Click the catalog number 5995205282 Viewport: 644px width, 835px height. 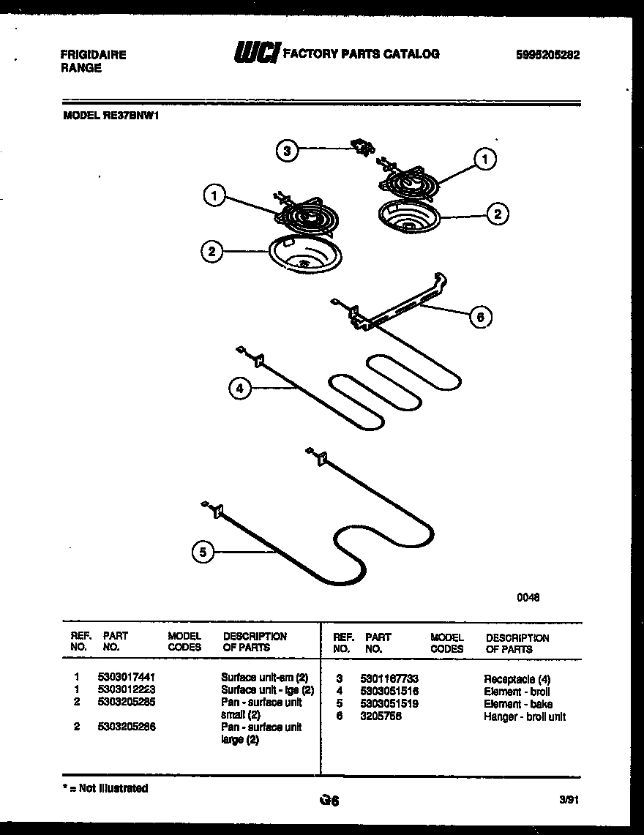tap(547, 55)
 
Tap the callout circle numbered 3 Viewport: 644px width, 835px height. tap(288, 151)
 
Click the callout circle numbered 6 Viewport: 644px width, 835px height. tap(480, 317)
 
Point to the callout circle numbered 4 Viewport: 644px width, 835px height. tap(239, 389)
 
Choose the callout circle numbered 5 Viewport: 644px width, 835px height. tap(204, 553)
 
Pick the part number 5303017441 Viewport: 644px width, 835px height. tap(126, 678)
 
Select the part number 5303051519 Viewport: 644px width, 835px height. tap(389, 704)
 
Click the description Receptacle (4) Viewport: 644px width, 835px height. tap(517, 679)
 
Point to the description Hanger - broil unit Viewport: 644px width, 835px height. tap(524, 716)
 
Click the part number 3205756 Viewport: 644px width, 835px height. tap(381, 716)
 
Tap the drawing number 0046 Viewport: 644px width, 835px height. tap(528, 597)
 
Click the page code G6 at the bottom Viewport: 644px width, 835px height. tap(329, 801)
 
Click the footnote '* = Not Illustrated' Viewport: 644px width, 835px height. tap(105, 788)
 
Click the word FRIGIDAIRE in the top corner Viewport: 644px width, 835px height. tap(92, 55)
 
